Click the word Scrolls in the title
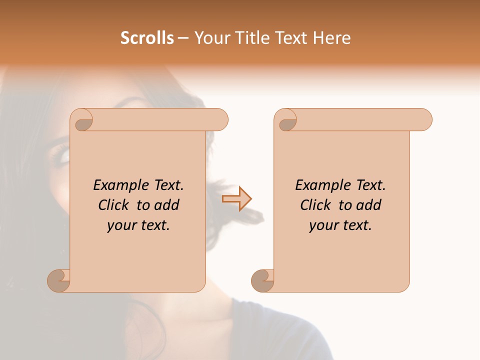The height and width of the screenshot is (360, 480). pos(147,38)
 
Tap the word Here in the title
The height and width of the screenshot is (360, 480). pos(332,38)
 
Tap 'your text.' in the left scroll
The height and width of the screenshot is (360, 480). pos(138,225)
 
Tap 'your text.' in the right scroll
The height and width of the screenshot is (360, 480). pos(340,225)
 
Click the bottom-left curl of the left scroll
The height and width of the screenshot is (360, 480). pos(58,280)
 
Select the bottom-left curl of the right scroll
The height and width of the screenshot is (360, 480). pos(261,280)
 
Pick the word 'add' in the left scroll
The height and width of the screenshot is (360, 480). pos(167,205)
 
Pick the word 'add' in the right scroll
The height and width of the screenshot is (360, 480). pos(369,205)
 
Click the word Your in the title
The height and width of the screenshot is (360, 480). pos(210,38)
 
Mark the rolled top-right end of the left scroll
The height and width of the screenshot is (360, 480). pos(218,120)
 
